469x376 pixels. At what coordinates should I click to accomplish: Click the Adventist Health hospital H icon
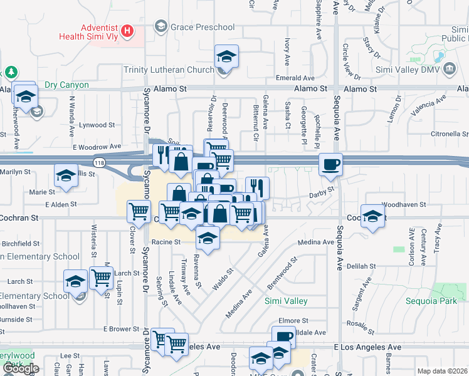click(x=128, y=30)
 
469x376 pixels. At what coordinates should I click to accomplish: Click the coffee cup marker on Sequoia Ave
click(x=330, y=165)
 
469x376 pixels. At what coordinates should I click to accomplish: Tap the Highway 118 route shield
click(x=100, y=162)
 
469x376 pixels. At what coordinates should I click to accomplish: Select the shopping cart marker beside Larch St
click(x=101, y=278)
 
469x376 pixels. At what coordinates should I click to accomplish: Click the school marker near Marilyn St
click(x=66, y=176)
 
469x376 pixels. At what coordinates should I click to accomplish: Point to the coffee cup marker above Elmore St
click(x=283, y=338)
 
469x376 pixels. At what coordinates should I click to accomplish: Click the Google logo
click(x=20, y=368)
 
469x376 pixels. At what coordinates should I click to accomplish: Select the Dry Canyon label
click(x=66, y=85)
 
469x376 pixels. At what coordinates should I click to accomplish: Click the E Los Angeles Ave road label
click(x=367, y=347)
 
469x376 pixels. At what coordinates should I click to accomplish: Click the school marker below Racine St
click(x=208, y=238)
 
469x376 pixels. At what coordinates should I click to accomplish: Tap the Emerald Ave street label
click(x=295, y=78)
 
